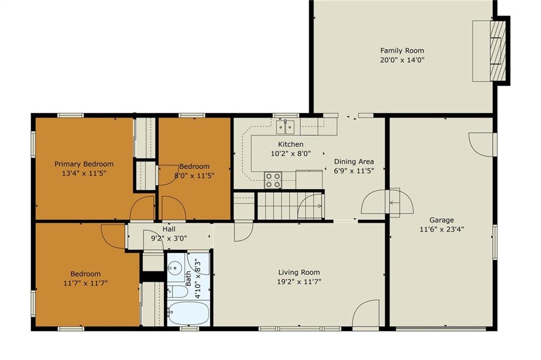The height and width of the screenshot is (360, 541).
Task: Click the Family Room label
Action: click(x=402, y=50)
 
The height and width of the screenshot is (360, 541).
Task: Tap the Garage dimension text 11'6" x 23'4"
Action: click(x=442, y=229)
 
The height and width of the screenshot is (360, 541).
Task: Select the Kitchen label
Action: click(x=291, y=144)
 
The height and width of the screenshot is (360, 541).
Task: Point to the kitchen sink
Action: click(x=286, y=127)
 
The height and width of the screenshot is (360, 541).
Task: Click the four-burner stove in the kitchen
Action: click(x=273, y=180)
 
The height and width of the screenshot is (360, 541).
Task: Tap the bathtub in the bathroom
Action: click(x=189, y=313)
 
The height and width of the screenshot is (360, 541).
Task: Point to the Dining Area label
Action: click(x=354, y=162)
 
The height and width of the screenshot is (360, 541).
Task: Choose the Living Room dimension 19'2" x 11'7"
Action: click(x=299, y=282)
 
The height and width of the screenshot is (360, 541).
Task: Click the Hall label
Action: click(x=169, y=229)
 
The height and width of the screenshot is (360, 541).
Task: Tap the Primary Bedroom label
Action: click(x=84, y=164)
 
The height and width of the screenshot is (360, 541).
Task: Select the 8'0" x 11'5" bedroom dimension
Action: click(x=194, y=176)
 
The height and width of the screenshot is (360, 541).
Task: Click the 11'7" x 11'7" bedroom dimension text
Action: click(x=86, y=283)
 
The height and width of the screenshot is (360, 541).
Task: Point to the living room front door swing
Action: click(x=366, y=313)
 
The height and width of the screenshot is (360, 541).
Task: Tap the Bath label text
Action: click(x=189, y=278)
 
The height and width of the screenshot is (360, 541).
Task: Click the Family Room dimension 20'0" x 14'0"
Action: click(x=402, y=60)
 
